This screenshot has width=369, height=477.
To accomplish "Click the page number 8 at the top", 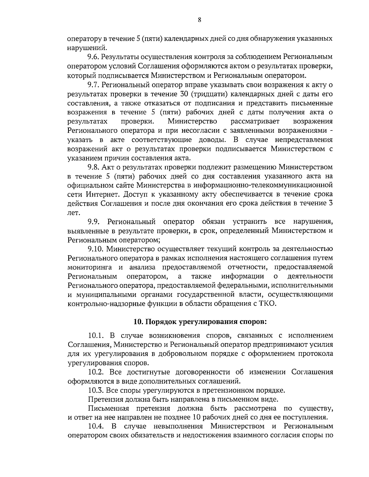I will pos(199,20).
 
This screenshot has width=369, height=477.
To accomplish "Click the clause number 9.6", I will pos(93,57).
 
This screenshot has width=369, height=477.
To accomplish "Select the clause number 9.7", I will pos(93,84).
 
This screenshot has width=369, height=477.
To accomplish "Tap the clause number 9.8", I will pos(93,167).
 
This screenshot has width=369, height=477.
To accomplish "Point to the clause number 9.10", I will pos(95,248).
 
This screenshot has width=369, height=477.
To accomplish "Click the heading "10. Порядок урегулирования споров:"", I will pos(200,322).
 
